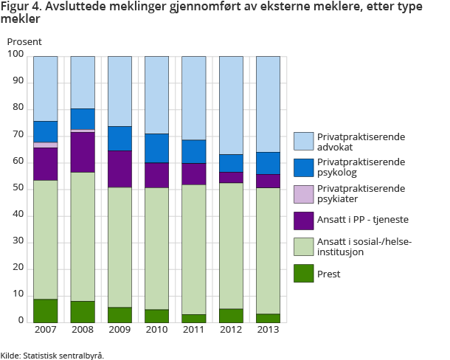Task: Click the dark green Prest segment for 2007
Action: pos(46,311)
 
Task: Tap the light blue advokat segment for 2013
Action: pos(268,104)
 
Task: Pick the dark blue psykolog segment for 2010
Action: pos(156,148)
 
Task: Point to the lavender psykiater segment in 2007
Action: pos(46,145)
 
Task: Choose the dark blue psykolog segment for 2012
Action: pos(231,163)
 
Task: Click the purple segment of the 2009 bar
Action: pos(120,169)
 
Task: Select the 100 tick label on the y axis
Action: pos(15,55)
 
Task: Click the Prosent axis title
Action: pos(24,41)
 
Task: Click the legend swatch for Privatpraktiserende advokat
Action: pos(303,141)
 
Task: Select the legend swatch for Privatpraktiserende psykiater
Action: pos(303,194)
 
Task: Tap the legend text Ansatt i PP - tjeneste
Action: pos(361,221)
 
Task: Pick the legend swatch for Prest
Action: pos(303,274)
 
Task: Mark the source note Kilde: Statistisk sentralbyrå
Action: pos(52,355)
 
